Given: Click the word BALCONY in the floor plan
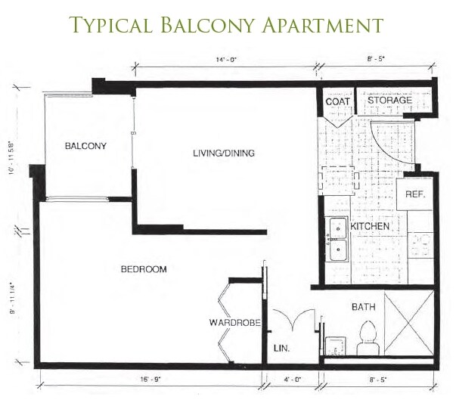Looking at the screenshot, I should point(85,146).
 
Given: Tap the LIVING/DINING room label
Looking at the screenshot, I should point(223,153).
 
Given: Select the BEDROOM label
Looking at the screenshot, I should point(144,269).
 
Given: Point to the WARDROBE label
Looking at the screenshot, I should point(235,324).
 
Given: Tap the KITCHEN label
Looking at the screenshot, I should point(370,227).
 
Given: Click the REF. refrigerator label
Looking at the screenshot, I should point(414,194).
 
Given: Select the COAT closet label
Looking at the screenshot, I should point(336,101).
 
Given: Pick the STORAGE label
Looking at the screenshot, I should point(389,101).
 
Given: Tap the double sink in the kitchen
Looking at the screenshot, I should point(336,239).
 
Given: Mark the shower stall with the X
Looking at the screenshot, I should point(408,322).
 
